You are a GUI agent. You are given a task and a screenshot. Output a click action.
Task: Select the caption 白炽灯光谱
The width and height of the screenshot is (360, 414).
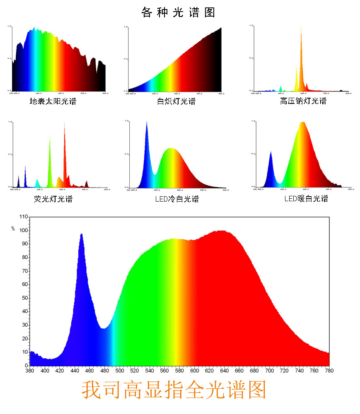176,101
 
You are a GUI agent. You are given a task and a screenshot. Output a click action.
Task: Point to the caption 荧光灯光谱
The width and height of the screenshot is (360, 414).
53,199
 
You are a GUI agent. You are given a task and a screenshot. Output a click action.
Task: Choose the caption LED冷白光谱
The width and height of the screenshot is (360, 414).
176,199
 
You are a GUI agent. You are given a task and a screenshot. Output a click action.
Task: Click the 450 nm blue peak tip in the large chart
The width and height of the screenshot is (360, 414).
82,234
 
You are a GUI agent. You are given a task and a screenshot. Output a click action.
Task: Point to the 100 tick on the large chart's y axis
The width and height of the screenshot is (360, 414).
23,231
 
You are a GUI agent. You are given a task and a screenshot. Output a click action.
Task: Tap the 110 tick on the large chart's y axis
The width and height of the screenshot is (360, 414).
23,217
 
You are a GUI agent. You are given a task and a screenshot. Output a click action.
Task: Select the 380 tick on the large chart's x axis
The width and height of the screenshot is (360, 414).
30,371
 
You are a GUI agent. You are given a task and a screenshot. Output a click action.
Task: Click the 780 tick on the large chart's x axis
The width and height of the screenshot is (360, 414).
329,371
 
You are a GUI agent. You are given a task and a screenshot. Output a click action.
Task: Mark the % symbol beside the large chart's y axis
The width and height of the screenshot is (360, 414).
13,228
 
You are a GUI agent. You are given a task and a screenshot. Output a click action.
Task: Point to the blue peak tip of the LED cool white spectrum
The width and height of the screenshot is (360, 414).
147,123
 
